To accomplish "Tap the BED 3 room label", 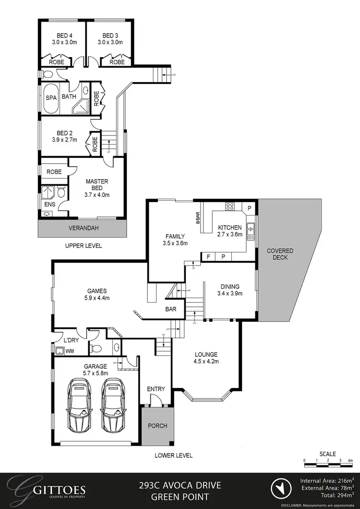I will [x=110, y=36].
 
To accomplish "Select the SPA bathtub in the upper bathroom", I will [x=51, y=98].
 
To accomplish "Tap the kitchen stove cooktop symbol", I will [x=230, y=207].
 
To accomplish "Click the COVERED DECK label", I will [x=280, y=254].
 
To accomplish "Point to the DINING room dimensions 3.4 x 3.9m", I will [x=228, y=293].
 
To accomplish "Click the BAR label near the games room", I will [x=170, y=310].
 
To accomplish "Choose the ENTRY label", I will [x=156, y=389].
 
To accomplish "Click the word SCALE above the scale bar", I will [x=328, y=454].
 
